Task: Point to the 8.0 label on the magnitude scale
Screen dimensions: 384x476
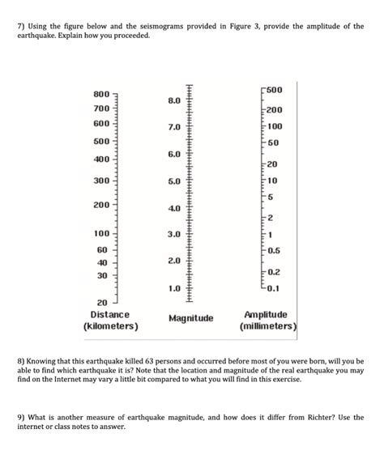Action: tap(174, 101)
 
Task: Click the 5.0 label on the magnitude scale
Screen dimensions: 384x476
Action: tap(174, 181)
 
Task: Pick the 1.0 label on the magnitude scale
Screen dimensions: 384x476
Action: tap(174, 288)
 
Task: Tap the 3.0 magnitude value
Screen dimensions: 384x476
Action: tap(174, 235)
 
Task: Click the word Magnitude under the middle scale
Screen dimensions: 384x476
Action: tap(191, 319)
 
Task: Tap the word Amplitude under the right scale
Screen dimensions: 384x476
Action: tap(265, 313)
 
